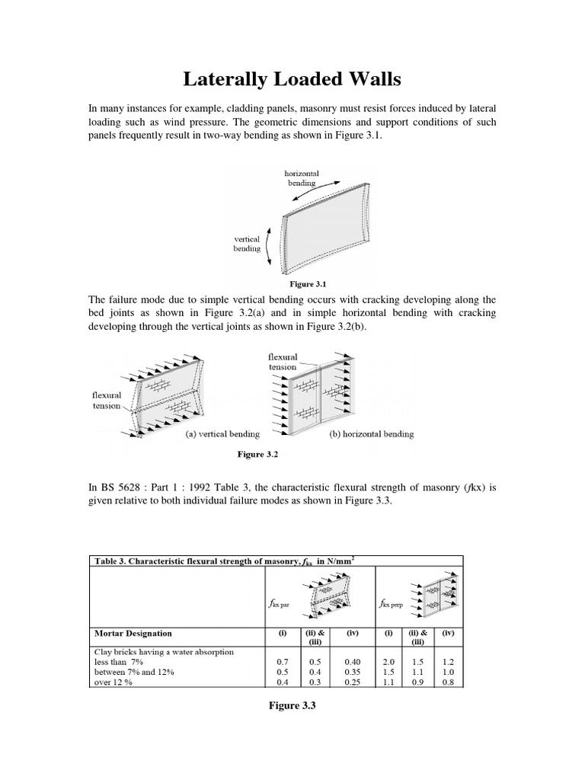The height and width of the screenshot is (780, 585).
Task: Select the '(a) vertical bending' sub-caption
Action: tap(222, 434)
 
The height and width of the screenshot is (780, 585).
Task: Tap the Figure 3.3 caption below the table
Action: tap(292, 706)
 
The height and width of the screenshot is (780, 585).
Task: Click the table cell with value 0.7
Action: tap(280, 663)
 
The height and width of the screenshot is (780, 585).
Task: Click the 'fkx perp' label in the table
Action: tap(392, 603)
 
